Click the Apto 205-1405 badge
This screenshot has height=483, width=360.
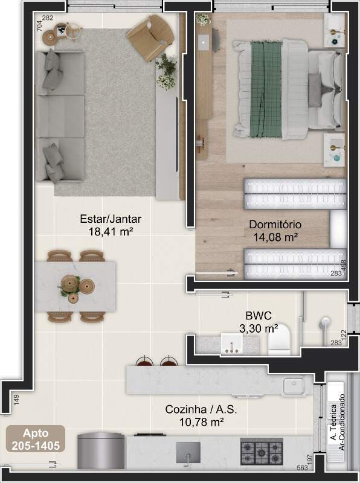tap(36, 439)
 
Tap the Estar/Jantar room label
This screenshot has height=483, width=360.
tap(111, 219)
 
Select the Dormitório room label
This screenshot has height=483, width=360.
tap(275, 225)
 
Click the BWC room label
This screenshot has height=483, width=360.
tap(259, 316)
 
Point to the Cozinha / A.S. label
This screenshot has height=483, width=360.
tap(201, 409)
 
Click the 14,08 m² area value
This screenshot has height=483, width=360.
tap(275, 237)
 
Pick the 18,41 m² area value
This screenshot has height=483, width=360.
tap(111, 231)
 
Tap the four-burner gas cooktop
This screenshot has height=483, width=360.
tap(262, 452)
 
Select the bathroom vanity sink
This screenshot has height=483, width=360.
tap(232, 343)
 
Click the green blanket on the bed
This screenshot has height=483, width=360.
tap(266, 89)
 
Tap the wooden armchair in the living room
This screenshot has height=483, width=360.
tap(150, 37)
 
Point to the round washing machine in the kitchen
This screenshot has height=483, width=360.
tap(101, 450)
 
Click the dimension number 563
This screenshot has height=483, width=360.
tap(303, 467)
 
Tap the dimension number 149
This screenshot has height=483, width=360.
tap(16, 400)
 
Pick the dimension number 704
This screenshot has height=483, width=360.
tap(39, 25)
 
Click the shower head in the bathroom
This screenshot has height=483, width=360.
tap(324, 322)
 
